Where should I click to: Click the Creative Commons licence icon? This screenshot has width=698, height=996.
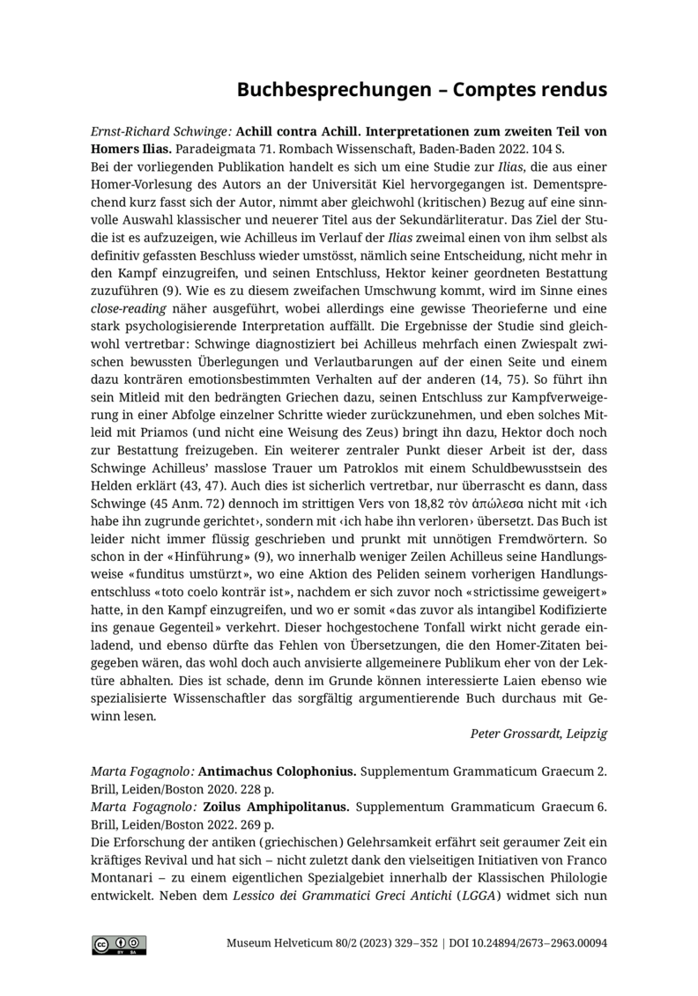[x=119, y=945]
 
